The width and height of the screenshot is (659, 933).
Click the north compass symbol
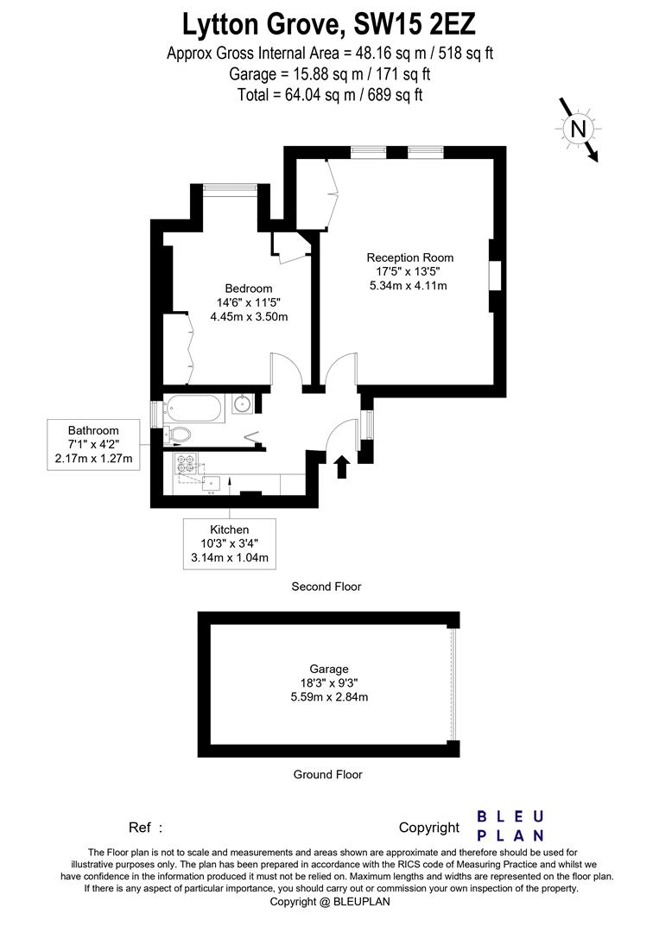click(578, 129)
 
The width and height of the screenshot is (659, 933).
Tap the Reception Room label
click(409, 257)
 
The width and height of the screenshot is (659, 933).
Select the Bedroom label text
click(249, 289)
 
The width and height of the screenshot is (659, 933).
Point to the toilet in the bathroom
click(179, 434)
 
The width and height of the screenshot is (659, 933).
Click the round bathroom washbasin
click(241, 403)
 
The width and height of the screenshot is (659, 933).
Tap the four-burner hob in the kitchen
click(186, 464)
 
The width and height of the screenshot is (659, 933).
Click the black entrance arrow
click(341, 466)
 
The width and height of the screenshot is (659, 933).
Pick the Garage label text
click(329, 669)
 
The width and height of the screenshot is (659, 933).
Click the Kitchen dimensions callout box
click(230, 543)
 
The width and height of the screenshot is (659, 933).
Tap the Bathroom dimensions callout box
click(93, 444)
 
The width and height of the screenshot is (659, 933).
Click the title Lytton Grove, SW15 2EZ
click(329, 22)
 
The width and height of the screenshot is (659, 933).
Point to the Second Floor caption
click(326, 587)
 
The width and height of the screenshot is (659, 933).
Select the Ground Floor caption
click(327, 775)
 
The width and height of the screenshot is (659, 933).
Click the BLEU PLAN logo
click(511, 825)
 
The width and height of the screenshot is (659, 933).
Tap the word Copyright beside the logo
click(429, 828)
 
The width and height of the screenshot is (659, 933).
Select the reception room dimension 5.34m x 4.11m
click(409, 286)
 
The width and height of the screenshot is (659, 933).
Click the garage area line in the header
click(329, 74)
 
